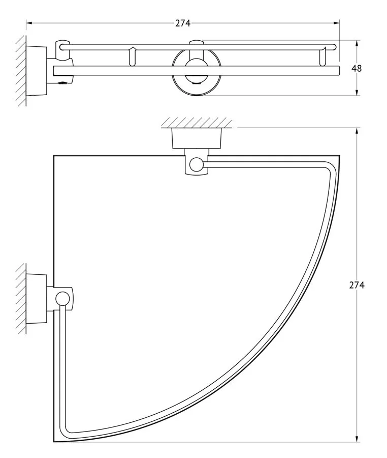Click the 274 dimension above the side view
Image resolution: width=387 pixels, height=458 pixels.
tap(183, 23)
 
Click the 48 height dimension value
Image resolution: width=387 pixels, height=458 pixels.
tap(357, 68)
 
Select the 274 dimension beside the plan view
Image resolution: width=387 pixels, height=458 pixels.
tap(357, 285)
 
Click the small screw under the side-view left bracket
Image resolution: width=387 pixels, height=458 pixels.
tap(62, 83)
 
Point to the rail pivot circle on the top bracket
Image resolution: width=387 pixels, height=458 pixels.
tap(196, 164)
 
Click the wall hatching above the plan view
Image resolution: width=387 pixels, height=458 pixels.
tap(197, 123)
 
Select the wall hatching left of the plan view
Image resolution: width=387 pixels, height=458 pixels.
tap(21, 299)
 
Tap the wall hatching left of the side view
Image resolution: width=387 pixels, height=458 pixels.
tap(21, 71)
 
